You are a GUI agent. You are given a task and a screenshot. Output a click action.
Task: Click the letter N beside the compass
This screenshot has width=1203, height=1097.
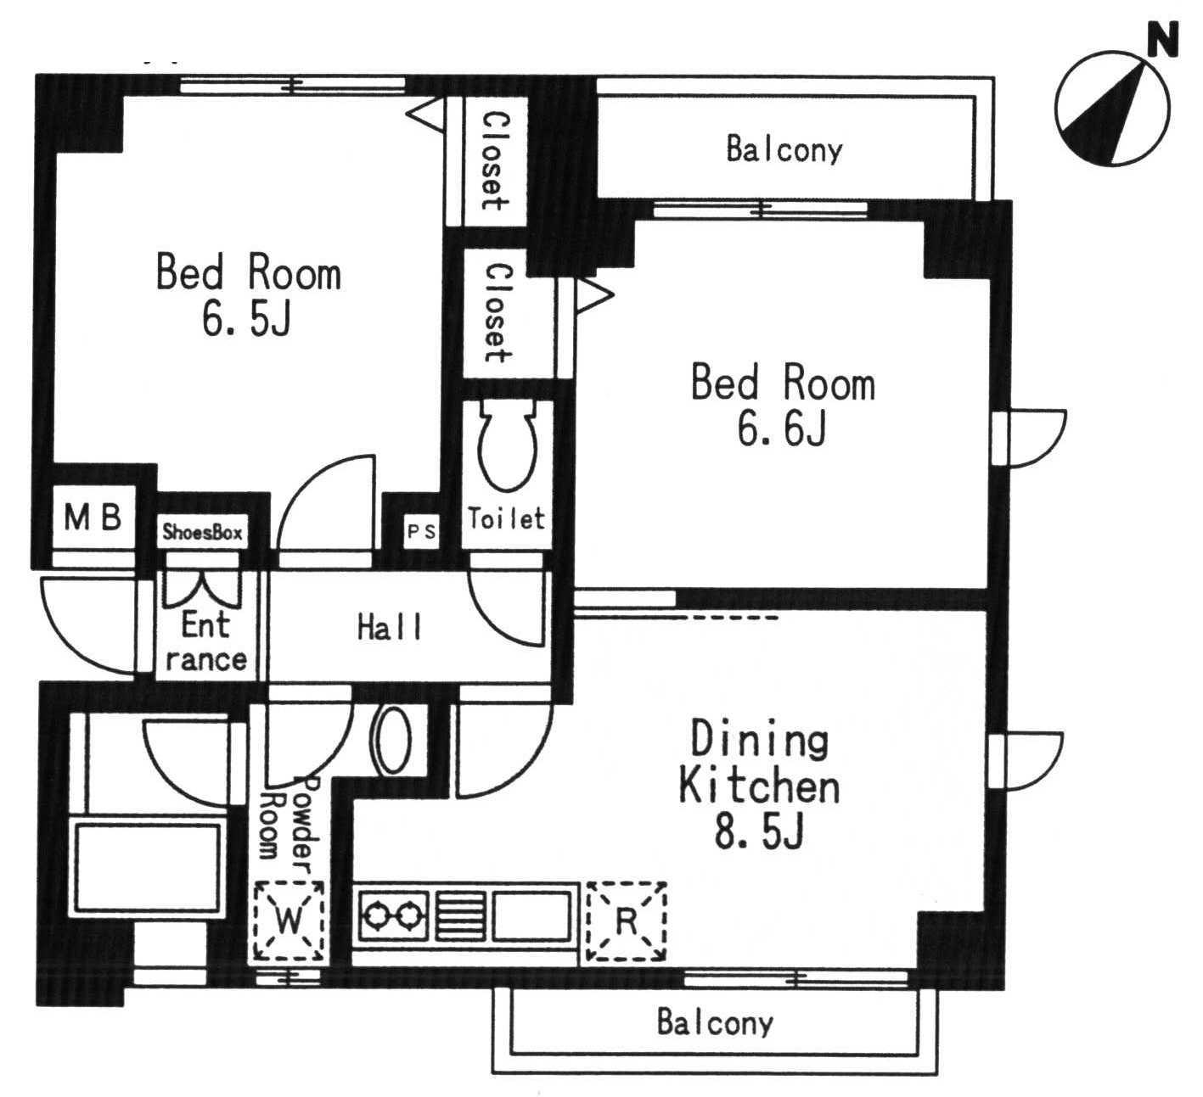1163,39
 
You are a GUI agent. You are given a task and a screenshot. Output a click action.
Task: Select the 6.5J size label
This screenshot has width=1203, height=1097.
246,319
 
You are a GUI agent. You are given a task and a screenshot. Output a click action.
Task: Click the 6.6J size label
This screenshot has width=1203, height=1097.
782,429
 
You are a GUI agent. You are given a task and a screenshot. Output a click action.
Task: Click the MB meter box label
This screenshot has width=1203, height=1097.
93,517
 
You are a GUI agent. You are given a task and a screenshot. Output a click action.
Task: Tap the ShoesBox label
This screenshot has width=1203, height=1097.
203,532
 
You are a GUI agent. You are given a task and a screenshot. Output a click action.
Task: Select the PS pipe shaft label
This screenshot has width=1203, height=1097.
422,531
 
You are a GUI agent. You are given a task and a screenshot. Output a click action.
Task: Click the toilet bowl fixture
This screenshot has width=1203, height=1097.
508,445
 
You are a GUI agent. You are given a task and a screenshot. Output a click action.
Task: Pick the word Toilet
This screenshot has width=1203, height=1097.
507,518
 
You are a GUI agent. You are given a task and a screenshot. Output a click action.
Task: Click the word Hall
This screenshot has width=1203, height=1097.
389,628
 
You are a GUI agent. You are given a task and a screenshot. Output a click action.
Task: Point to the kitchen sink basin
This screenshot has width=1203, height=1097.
531,915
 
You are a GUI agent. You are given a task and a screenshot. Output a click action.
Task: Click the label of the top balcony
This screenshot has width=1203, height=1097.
784,149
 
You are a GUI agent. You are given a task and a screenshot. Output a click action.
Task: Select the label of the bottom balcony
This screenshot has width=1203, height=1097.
715,1022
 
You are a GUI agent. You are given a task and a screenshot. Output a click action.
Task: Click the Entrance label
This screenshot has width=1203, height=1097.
205,642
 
